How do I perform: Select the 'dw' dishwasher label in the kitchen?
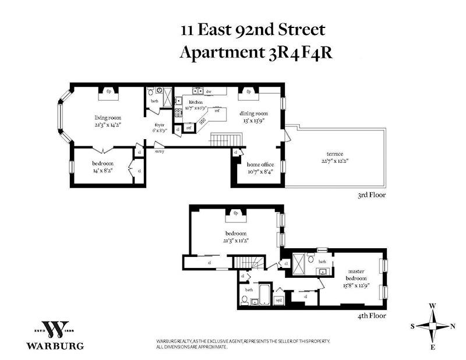click(x=208, y=91)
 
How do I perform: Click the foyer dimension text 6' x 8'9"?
click(x=159, y=130)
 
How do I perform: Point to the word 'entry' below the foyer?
click(x=159, y=151)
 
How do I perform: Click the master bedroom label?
click(x=356, y=275)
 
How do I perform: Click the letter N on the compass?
click(x=454, y=326)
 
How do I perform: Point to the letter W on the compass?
click(x=433, y=306)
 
